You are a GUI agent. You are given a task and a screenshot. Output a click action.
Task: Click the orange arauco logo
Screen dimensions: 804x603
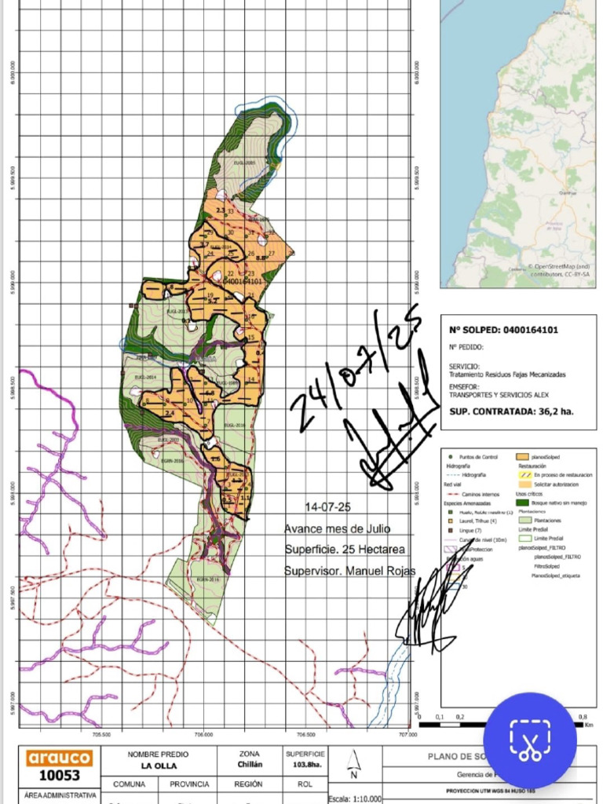[60, 758]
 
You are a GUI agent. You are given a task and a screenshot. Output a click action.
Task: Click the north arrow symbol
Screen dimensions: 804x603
[353, 761]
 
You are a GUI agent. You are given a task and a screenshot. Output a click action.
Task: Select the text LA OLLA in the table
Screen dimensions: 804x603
[157, 766]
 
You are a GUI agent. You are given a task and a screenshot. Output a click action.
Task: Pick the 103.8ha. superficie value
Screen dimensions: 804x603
[305, 766]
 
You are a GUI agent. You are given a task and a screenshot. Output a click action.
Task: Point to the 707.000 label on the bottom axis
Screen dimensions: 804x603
[407, 736]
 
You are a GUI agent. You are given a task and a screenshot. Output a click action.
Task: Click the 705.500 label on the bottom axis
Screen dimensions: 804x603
[100, 736]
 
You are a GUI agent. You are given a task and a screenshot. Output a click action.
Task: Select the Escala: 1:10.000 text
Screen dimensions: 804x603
[355, 797]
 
